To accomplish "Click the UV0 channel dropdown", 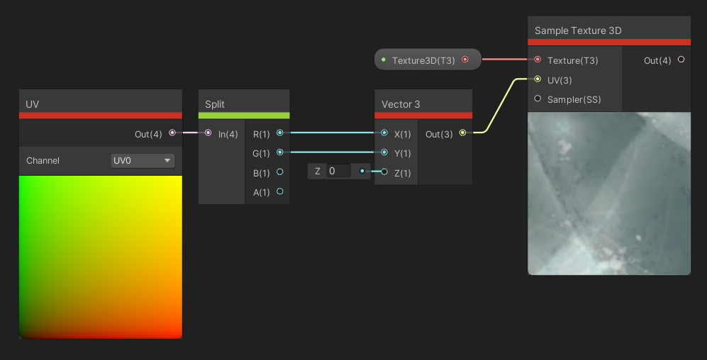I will (x=143, y=161).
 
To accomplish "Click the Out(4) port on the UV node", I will (x=172, y=133).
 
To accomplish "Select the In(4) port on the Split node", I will (x=208, y=133).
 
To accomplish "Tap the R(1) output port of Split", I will (x=280, y=133).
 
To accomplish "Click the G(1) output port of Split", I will (x=280, y=152).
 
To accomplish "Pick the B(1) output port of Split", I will (x=280, y=171).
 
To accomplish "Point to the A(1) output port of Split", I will (x=280, y=191).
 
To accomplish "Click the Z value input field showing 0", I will (x=339, y=171).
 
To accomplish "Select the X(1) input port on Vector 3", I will (x=384, y=133).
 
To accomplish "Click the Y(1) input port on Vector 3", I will (x=384, y=152).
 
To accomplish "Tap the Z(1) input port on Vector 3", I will (x=384, y=171).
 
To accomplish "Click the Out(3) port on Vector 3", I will (x=463, y=133).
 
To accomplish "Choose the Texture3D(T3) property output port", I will (x=465, y=60).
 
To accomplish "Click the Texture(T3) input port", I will (x=538, y=60).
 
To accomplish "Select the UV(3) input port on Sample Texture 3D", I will (x=538, y=79).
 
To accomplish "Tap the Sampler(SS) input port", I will (x=538, y=99).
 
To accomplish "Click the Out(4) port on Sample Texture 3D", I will (x=681, y=60).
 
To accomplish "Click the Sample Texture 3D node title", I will (x=578, y=30).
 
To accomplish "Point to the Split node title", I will (x=215, y=104).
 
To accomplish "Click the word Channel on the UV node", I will (x=43, y=161).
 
